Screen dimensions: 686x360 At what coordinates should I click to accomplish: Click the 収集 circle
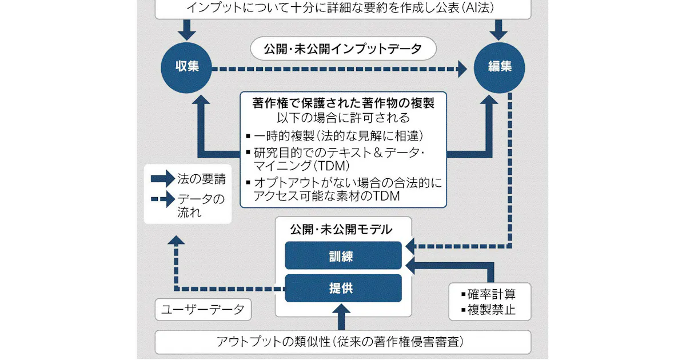186,67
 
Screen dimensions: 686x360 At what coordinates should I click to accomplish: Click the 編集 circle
499,67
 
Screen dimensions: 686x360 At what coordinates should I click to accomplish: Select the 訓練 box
344,255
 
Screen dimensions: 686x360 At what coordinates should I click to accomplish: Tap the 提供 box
344,288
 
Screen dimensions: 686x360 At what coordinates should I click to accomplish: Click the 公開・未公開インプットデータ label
343,49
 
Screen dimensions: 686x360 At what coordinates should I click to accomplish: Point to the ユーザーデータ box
203,310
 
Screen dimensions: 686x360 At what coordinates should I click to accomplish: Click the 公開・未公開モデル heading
341,230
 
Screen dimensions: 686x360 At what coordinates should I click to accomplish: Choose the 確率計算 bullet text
492,294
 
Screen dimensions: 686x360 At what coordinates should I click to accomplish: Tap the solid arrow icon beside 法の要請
163,178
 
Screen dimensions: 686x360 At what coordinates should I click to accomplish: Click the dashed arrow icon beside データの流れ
163,199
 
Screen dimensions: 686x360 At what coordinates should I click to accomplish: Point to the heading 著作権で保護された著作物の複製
344,103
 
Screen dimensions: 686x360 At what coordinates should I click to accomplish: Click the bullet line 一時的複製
335,136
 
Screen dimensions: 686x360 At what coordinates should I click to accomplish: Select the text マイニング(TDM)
302,166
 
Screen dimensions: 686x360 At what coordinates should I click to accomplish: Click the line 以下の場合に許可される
344,118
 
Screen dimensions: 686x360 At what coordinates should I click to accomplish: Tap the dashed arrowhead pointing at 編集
462,69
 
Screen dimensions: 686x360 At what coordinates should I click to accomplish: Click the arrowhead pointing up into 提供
341,309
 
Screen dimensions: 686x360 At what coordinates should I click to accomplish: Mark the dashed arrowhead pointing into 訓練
410,246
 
